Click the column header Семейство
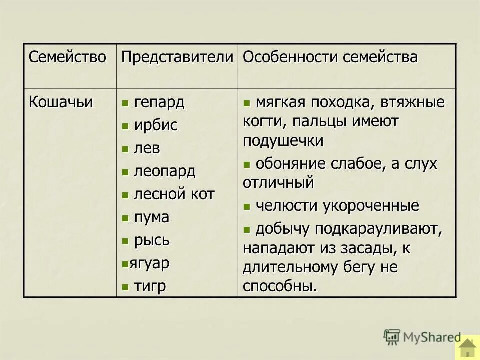(67, 57)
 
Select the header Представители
(177, 57)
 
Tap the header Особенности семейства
(330, 57)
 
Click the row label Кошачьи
(61, 102)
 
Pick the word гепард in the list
(159, 103)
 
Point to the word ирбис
(156, 126)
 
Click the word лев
(147, 149)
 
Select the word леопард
(164, 172)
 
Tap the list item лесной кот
(174, 195)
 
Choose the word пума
(152, 218)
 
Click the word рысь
(152, 241)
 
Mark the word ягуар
(149, 263)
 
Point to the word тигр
(150, 286)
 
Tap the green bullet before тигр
(125, 287)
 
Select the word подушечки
(283, 141)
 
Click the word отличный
(278, 183)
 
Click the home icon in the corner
(467, 348)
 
